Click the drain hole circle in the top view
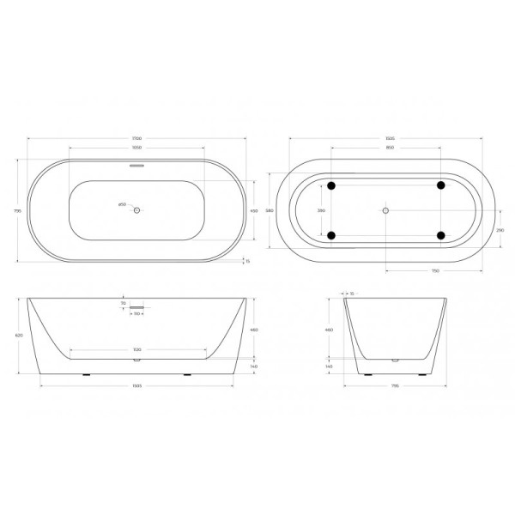(x=136, y=209)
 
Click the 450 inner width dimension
(x=253, y=209)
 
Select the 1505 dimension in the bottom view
(x=389, y=138)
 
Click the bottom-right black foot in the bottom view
(x=440, y=234)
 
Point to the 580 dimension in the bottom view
(x=269, y=209)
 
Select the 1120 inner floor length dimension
(x=137, y=350)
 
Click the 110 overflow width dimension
(x=136, y=314)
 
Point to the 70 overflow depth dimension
(x=123, y=303)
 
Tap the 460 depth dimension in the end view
(x=329, y=329)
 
